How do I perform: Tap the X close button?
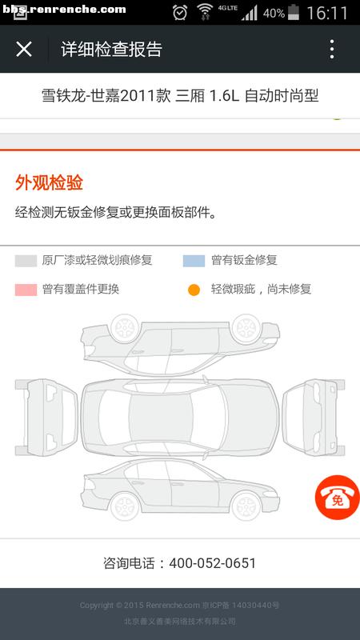point(24,50)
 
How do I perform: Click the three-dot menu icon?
point(332,50)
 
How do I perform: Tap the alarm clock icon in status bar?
point(179,12)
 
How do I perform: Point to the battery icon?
point(293,12)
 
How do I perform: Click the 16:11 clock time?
point(327,13)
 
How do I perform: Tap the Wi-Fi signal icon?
point(205,12)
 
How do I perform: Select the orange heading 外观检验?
point(49,182)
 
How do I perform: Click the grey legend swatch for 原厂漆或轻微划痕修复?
point(26,261)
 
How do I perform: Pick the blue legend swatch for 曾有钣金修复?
point(194,261)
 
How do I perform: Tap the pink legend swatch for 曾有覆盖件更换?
point(26,290)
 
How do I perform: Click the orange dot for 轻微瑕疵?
point(194,290)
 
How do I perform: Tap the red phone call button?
point(337,497)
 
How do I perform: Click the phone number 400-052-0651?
point(212,563)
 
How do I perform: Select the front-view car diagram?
point(313,417)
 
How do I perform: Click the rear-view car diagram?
point(46,417)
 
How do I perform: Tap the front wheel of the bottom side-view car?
point(246,506)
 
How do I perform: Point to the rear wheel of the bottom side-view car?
point(125,506)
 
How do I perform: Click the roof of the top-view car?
point(161,417)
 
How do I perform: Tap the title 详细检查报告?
point(111,50)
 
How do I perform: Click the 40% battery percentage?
point(274,13)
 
